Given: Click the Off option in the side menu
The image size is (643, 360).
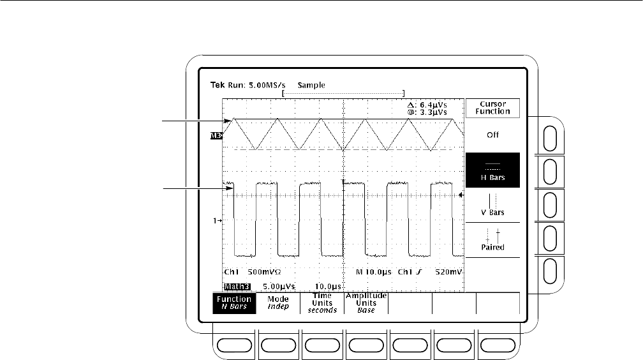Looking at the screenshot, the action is coord(492,135).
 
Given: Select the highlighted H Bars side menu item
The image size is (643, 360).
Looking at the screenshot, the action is coord(492,170).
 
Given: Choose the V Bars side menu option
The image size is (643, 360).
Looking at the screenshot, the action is coord(492,204).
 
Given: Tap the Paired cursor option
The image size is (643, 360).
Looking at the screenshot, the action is coord(492,239).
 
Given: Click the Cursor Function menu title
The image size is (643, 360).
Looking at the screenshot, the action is coord(492,107).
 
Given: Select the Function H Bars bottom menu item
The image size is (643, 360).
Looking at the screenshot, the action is coord(235,303).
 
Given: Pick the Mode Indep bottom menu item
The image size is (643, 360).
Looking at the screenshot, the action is coord(279,303).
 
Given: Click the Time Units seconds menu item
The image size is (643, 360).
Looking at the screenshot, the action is coord(322,303).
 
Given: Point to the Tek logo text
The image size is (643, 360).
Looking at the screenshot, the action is coord(218,85).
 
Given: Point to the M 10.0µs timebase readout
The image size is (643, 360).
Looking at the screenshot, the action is coord(374,271).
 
